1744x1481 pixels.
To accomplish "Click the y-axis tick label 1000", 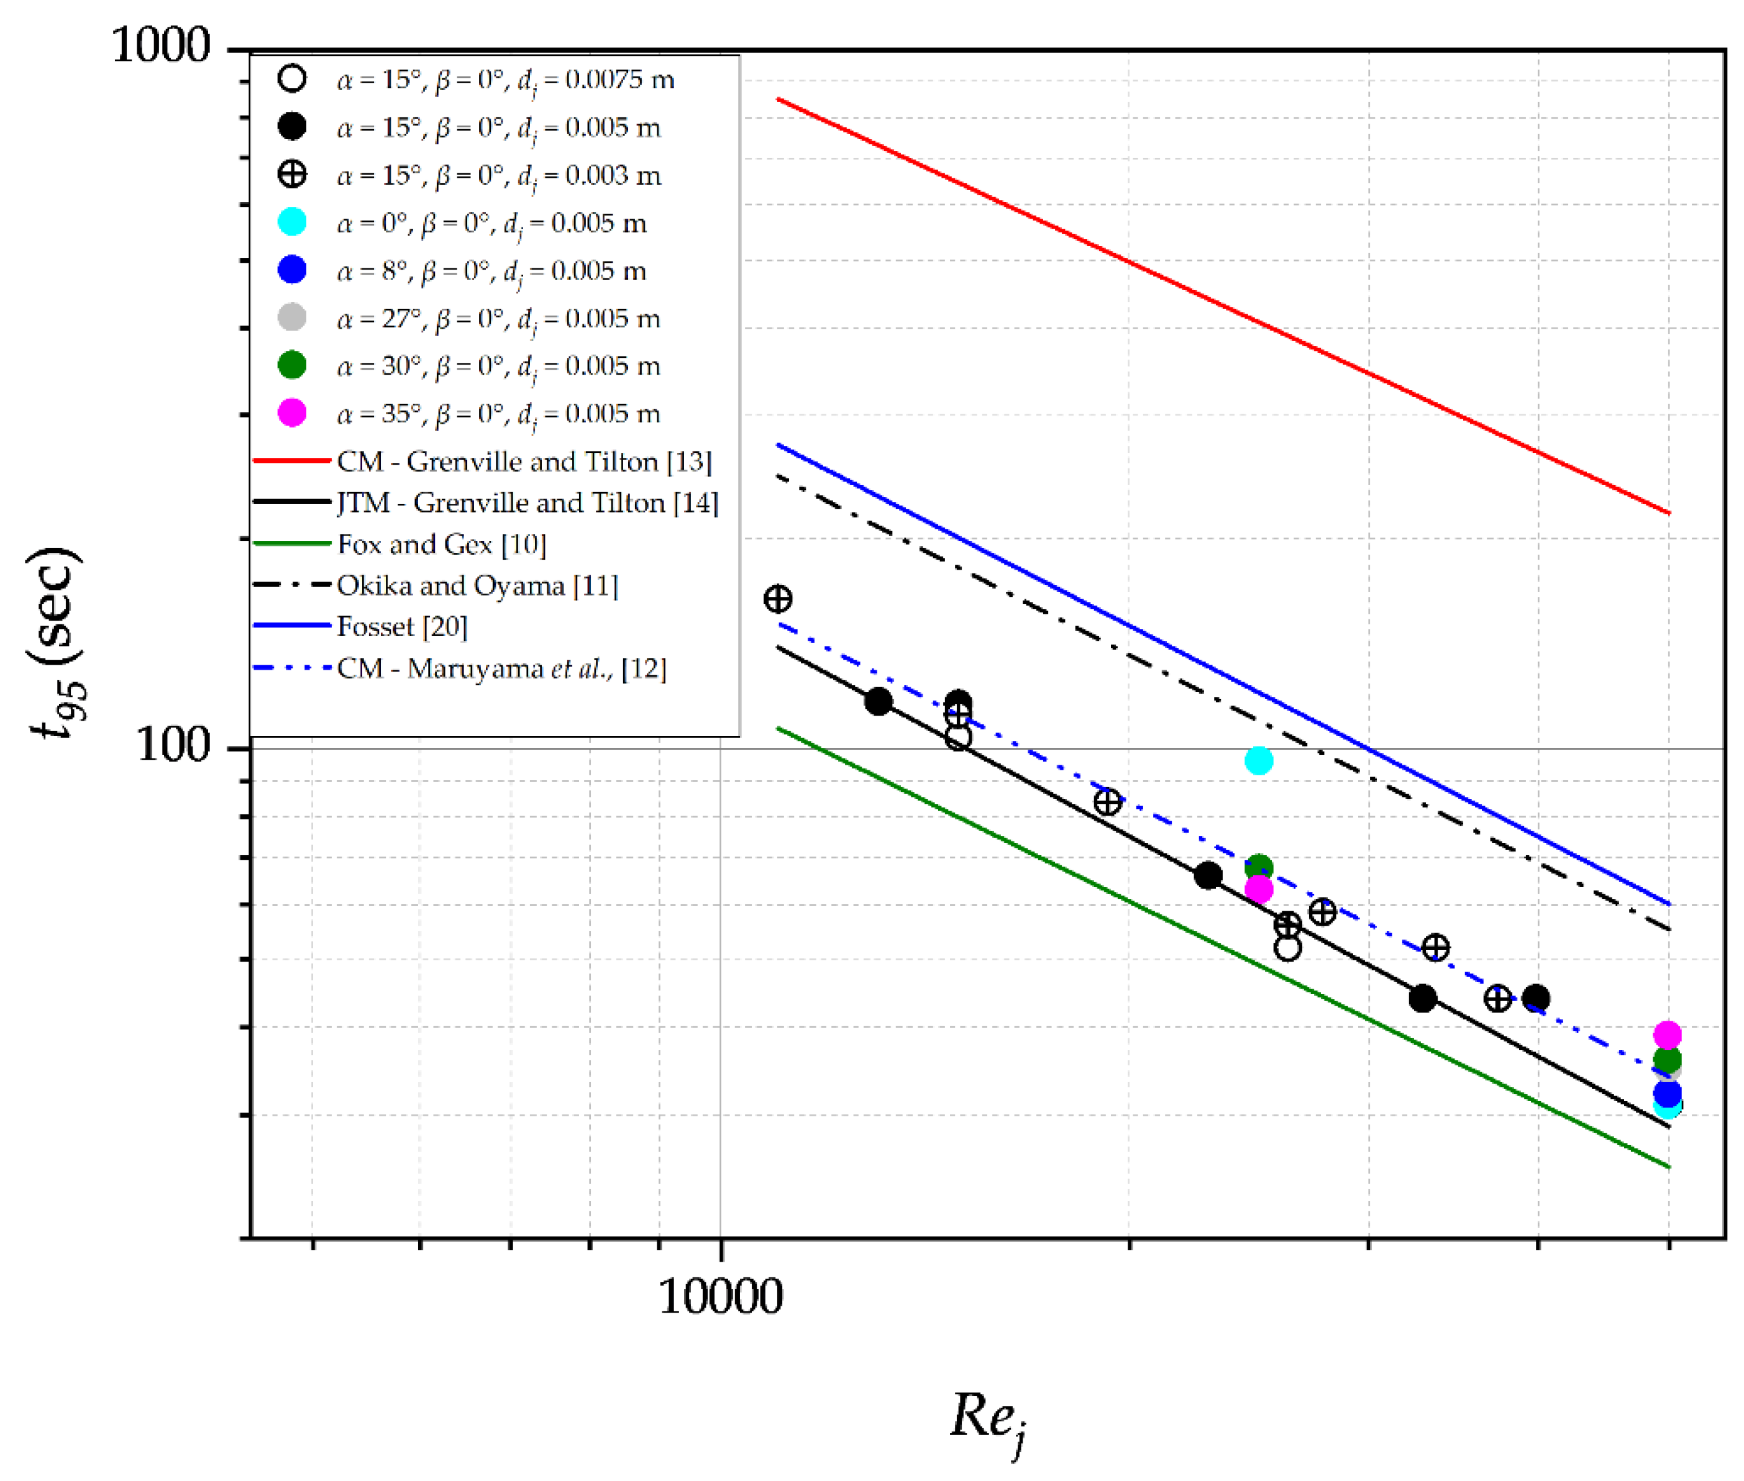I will tap(160, 45).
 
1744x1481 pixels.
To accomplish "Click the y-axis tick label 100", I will tap(173, 745).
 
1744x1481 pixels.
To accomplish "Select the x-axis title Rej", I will tap(987, 1419).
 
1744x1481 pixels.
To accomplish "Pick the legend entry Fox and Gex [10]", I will tap(441, 544).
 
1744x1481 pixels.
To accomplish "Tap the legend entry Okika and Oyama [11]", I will tap(477, 585).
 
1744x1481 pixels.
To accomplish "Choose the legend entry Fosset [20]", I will tap(401, 626).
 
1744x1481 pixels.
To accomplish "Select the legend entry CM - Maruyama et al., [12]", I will tap(501, 668).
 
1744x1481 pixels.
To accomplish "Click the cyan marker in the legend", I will tap(291, 222).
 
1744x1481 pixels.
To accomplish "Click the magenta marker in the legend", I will tap(291, 413).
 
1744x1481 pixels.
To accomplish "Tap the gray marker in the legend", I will tap(291, 317).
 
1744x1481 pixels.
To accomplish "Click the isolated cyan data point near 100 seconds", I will tap(1258, 760).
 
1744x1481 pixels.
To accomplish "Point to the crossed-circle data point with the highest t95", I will tap(777, 599).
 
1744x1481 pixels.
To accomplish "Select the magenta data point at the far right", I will tap(1667, 1034).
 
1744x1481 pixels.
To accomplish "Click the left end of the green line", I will tap(778, 728).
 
